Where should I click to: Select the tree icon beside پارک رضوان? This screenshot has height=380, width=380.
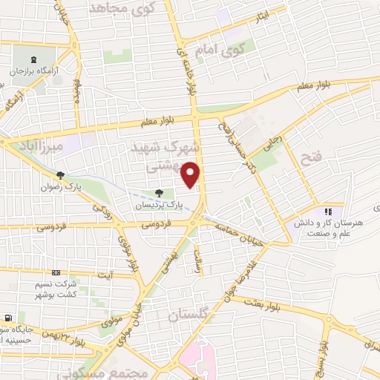click(61, 176)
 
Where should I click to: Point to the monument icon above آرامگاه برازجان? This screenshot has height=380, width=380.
click(31, 59)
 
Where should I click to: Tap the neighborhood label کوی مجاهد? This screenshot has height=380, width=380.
click(131, 7)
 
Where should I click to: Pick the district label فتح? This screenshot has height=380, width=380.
click(309, 157)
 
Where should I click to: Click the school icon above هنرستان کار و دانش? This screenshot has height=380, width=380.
click(328, 212)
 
